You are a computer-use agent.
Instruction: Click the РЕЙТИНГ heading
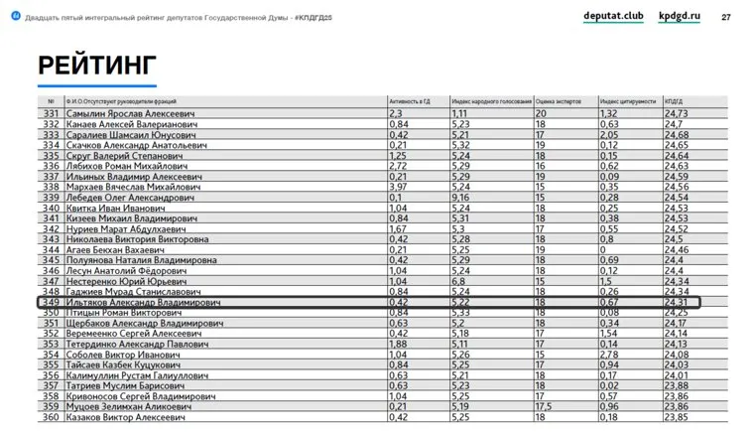[97, 66]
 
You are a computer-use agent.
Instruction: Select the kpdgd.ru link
[680, 17]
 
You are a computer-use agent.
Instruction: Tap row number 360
[50, 418]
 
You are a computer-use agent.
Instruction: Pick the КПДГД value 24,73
[677, 114]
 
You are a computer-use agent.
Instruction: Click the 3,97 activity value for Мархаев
[399, 187]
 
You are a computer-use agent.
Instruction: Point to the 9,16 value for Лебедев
[461, 198]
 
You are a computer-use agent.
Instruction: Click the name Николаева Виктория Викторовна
[137, 239]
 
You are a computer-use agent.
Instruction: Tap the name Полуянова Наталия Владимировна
[141, 260]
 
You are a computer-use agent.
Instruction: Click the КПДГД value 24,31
[677, 302]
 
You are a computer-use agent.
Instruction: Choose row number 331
[50, 114]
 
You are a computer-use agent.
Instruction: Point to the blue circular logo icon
[14, 18]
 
